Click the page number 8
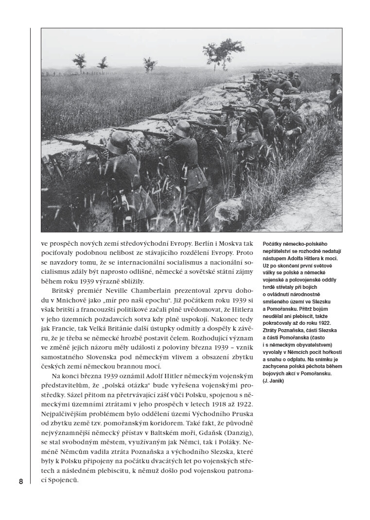pyautogui.click(x=21, y=482)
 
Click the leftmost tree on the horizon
pyautogui.click(x=80, y=61)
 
